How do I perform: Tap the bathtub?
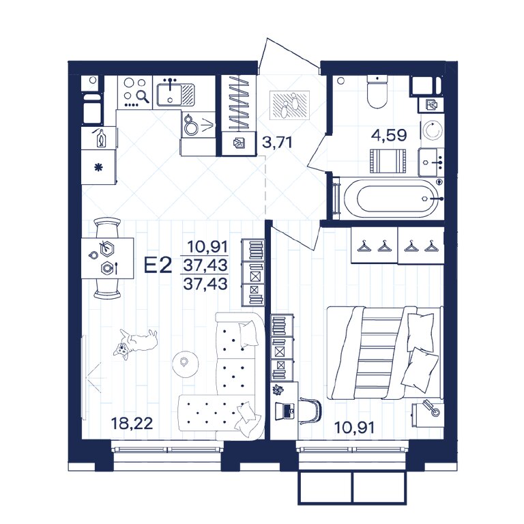coord(392,198)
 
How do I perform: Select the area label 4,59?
coord(389,135)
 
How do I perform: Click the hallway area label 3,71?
coord(277,142)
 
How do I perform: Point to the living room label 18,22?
coord(132,424)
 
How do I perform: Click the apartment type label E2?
coord(158,265)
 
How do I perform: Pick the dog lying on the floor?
coord(135,344)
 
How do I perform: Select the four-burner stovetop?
coord(134,92)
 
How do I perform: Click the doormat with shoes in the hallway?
coord(289,105)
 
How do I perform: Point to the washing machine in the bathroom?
coord(432,130)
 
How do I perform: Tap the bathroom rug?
coord(388,161)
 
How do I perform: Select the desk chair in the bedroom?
coord(310,410)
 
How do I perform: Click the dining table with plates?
coord(108,258)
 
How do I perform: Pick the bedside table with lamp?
coord(428,413)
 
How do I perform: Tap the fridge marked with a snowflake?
coord(99,166)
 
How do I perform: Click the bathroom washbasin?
coord(431,162)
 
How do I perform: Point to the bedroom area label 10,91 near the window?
coord(354,427)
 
